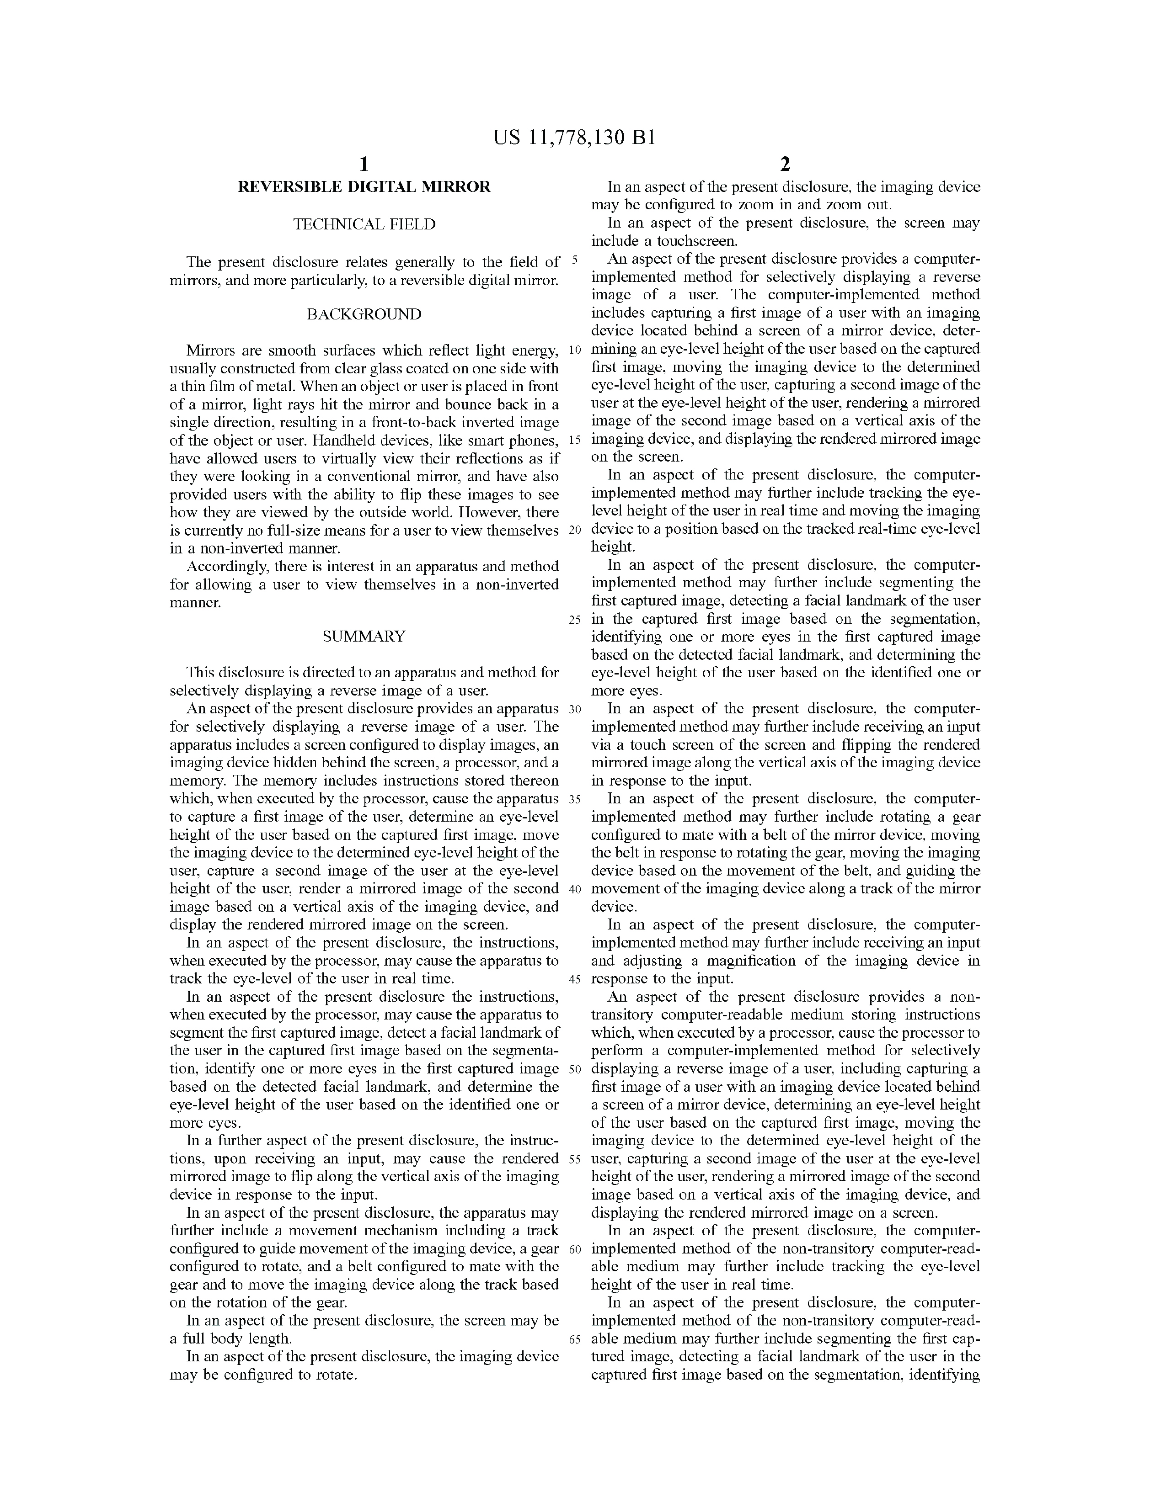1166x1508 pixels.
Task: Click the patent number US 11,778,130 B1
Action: pyautogui.click(x=573, y=138)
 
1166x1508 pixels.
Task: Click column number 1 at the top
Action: pyautogui.click(x=364, y=165)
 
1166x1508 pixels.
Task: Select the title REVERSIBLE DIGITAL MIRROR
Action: pyautogui.click(x=364, y=187)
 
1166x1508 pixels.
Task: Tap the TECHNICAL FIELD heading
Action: pyautogui.click(x=364, y=224)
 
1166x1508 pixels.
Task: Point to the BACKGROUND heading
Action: pyautogui.click(x=364, y=314)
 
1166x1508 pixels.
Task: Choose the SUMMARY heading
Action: pyautogui.click(x=364, y=637)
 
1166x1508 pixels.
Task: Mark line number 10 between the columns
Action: pyautogui.click(x=575, y=350)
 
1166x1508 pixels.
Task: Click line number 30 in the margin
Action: pyautogui.click(x=575, y=710)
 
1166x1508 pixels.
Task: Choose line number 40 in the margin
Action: pyautogui.click(x=575, y=889)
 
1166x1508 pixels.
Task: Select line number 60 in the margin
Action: pyautogui.click(x=575, y=1249)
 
